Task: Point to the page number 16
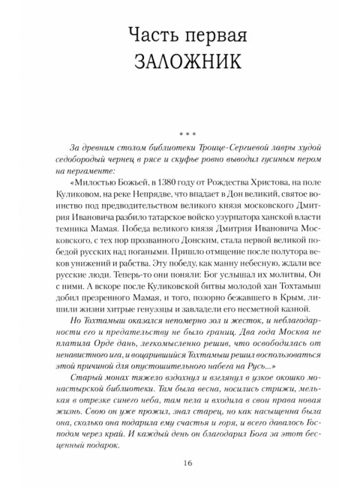[x=180, y=462]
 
